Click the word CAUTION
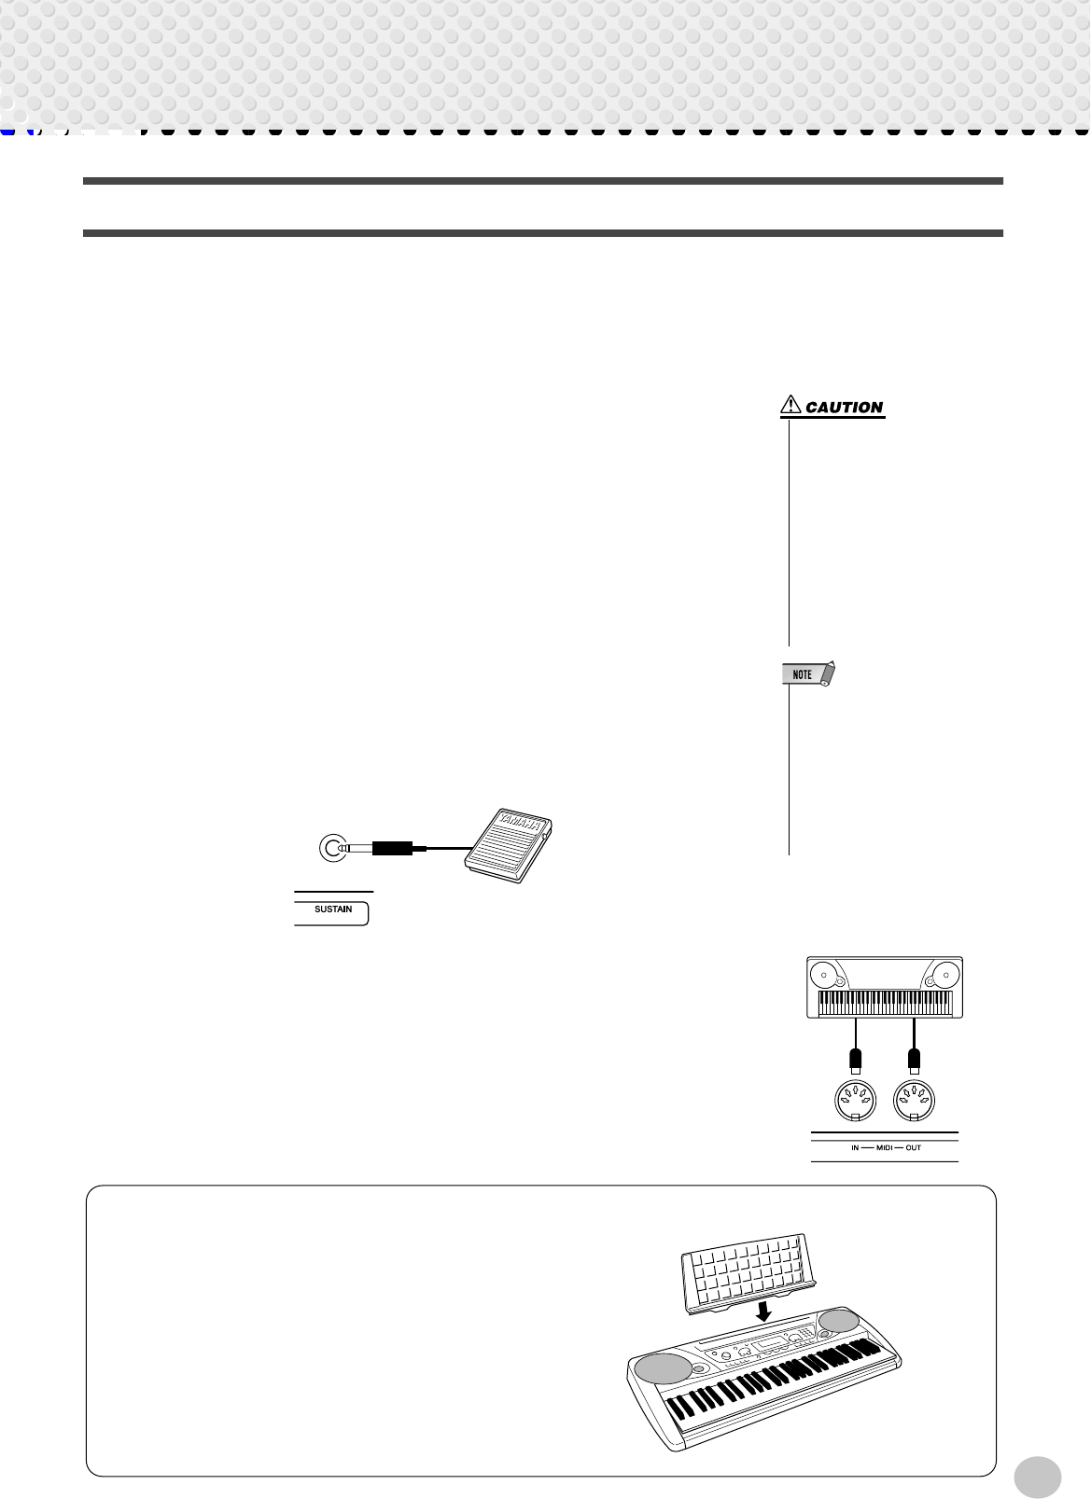click(844, 408)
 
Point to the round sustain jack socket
click(332, 848)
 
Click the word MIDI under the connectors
click(885, 1147)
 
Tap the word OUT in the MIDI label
click(913, 1147)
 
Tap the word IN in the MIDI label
click(855, 1147)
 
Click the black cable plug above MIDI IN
click(855, 1059)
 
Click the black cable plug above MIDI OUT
click(915, 1059)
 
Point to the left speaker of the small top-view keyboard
click(825, 976)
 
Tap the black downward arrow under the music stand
click(763, 1311)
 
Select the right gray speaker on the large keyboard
click(839, 1320)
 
